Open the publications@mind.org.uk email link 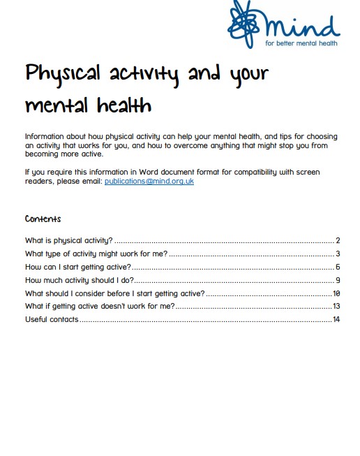tap(149, 182)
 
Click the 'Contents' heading tap(43, 219)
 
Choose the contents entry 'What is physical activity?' tap(68, 240)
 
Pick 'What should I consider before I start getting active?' tap(114, 293)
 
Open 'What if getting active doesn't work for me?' tap(99, 307)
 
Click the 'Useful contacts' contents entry tap(52, 320)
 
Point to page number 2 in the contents tap(337, 240)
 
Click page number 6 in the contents tap(337, 267)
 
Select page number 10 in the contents tap(336, 293)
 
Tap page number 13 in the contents tap(336, 307)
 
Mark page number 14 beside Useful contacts tap(336, 320)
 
